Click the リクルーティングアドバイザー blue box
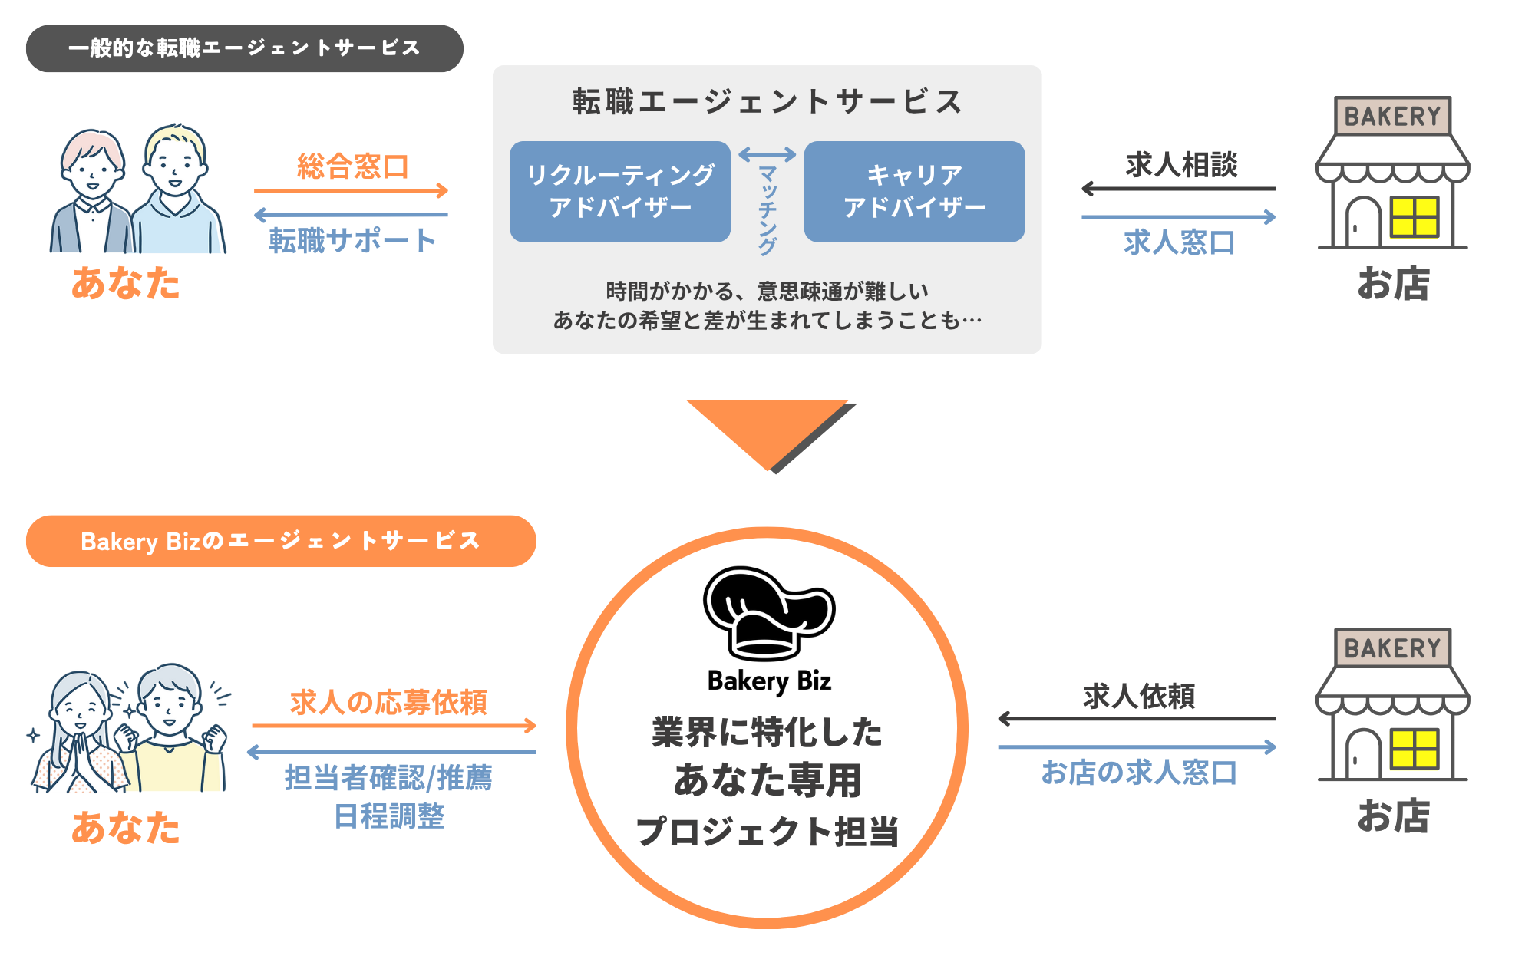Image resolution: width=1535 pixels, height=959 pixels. (x=620, y=192)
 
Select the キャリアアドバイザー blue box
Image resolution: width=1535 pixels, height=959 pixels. (x=914, y=192)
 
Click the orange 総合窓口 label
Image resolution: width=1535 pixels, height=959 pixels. (x=353, y=166)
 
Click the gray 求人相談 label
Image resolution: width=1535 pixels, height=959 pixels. (x=1181, y=165)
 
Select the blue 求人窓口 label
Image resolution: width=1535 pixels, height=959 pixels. (x=1180, y=242)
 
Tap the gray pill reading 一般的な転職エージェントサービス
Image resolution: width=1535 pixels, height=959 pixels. (x=244, y=48)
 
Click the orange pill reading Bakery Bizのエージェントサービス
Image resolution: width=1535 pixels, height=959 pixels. (x=280, y=541)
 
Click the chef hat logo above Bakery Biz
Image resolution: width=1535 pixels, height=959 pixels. (x=768, y=614)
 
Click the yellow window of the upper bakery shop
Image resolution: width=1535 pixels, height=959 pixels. (x=1414, y=216)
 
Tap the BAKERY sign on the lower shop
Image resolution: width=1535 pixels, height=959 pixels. (x=1392, y=648)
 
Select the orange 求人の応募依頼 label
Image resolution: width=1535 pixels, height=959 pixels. (x=388, y=702)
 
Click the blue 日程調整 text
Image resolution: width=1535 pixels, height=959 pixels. (x=389, y=816)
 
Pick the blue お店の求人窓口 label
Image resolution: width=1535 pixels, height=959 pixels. (x=1139, y=773)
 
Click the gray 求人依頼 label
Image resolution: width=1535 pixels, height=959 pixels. (x=1139, y=697)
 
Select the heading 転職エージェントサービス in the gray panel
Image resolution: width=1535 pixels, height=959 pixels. (x=767, y=102)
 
